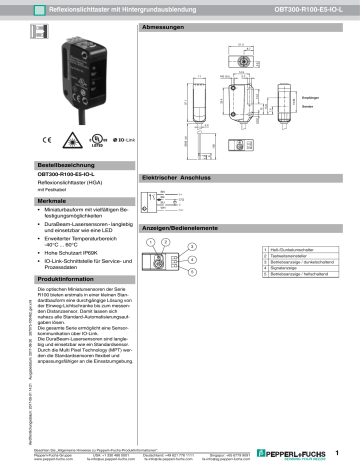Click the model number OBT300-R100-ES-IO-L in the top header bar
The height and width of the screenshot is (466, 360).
click(x=299, y=8)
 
